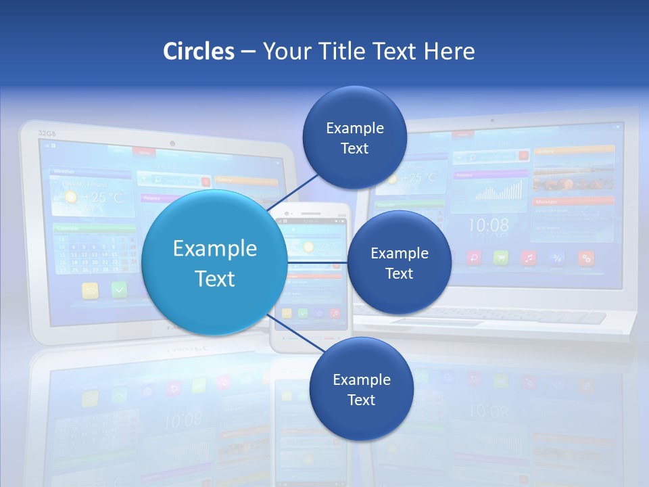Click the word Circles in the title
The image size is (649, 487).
198,51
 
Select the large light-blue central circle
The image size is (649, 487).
215,262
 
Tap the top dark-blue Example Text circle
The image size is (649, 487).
354,137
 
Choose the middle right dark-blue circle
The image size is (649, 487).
399,262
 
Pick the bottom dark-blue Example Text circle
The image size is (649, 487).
361,389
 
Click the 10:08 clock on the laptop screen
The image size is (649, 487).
488,225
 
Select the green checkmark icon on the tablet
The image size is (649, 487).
120,289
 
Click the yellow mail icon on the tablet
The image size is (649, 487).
91,290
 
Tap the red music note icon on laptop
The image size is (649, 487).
529,258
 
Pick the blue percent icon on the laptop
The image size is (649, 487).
557,258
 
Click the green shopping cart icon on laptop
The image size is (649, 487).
500,258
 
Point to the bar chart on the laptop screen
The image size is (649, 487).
499,191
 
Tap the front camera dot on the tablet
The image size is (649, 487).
173,143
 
